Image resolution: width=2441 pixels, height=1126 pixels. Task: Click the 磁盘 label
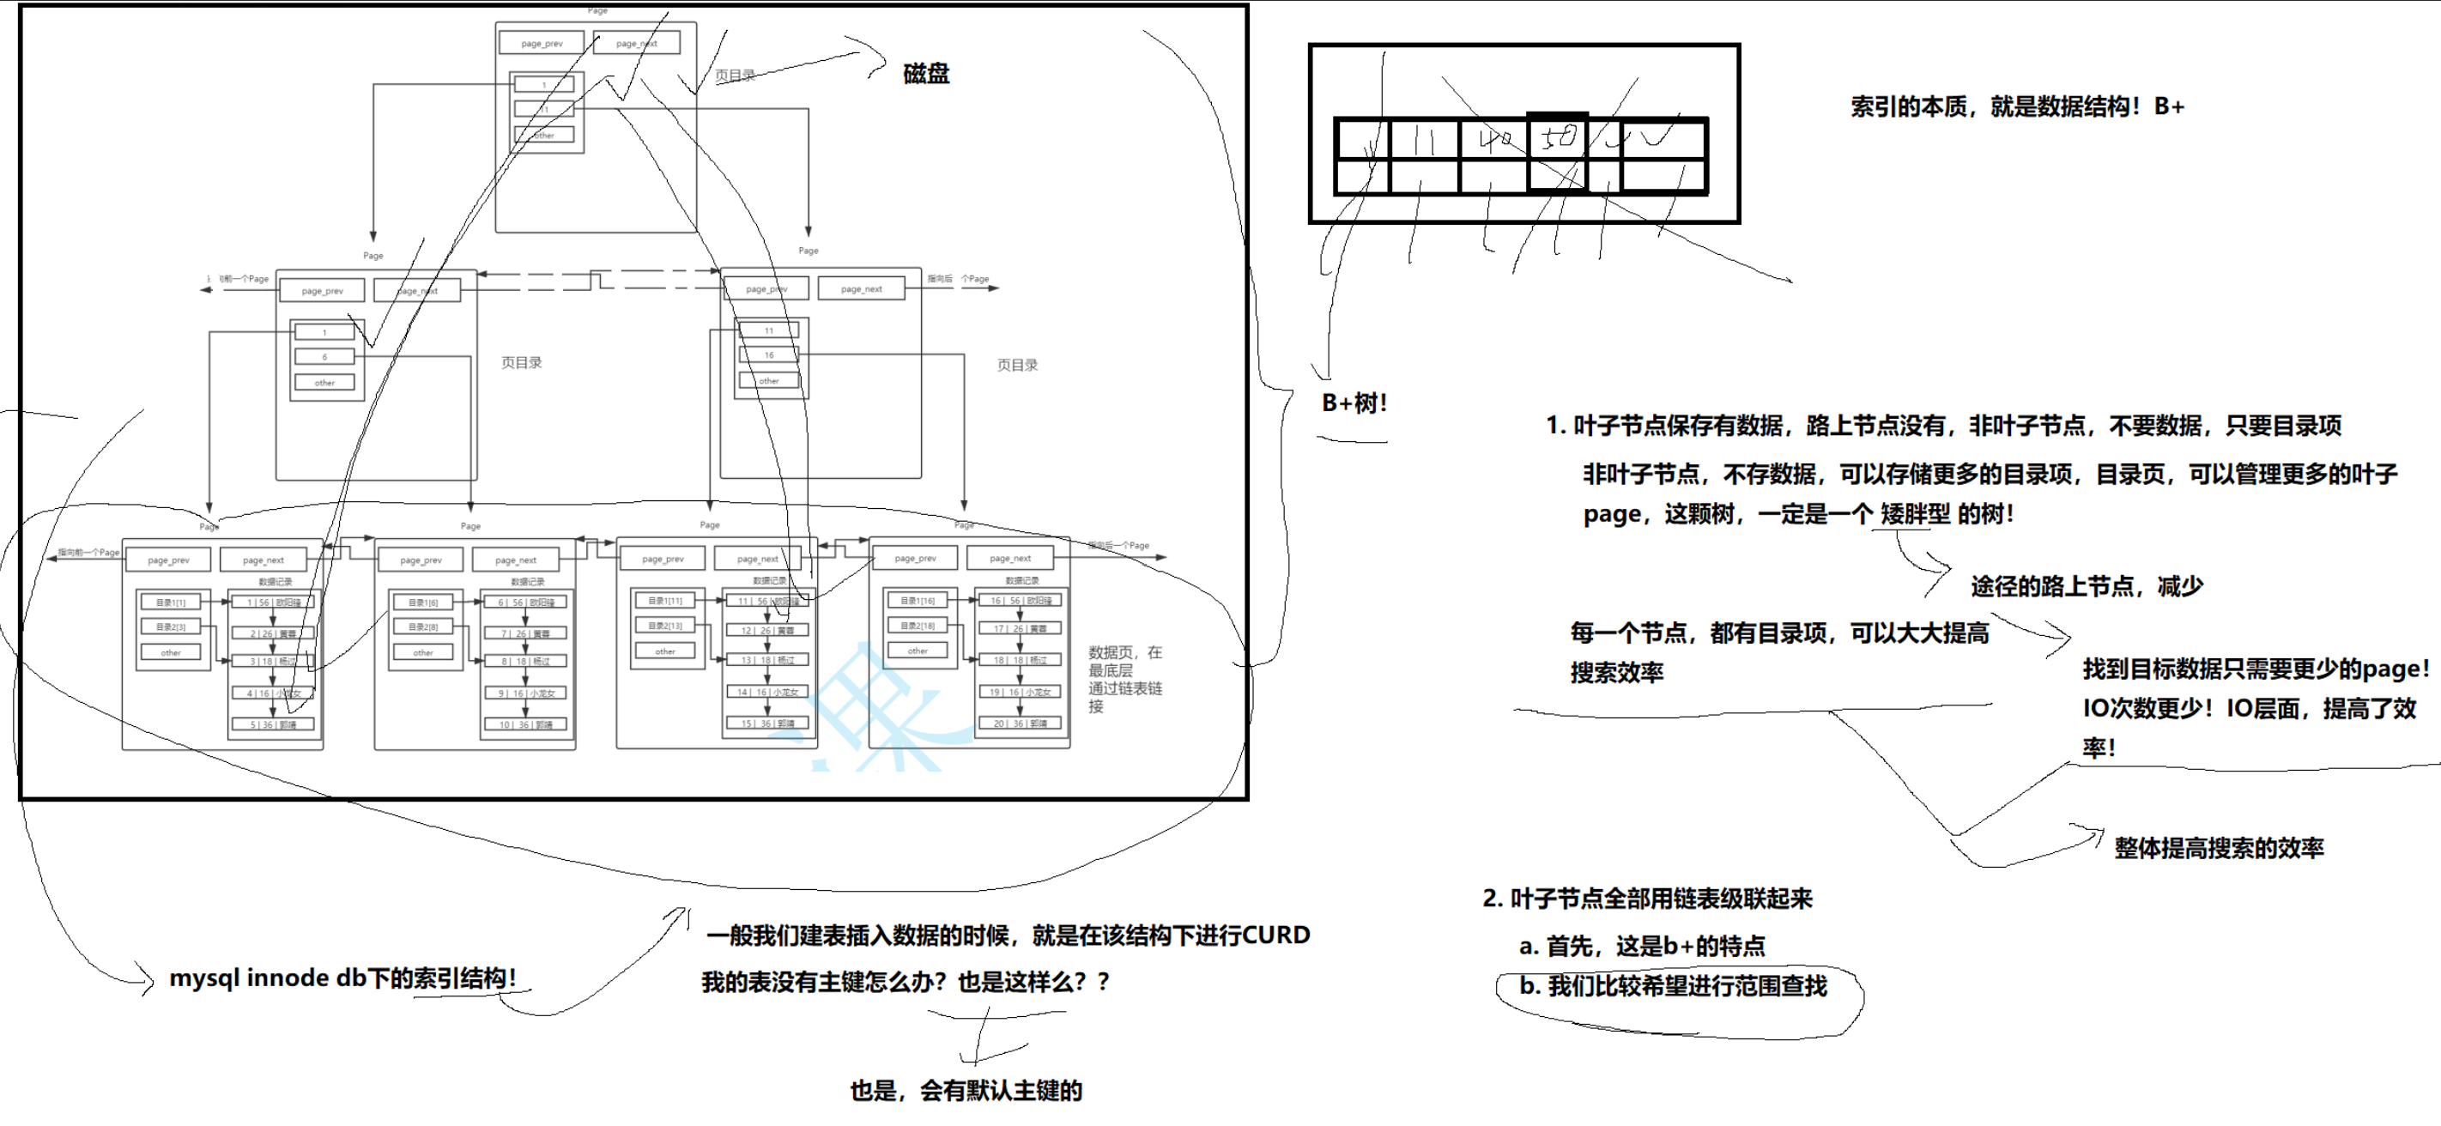(926, 74)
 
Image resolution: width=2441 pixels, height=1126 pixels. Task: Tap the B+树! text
(1354, 403)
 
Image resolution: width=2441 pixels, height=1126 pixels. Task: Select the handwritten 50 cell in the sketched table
(1558, 139)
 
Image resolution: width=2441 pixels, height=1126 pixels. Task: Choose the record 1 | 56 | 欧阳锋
(274, 602)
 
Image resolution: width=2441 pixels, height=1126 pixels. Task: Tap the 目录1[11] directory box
(665, 600)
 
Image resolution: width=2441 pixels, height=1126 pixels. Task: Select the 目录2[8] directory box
(422, 627)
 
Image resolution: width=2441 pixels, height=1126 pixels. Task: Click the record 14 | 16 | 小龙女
(767, 692)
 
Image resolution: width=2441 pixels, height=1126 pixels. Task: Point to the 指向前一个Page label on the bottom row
(88, 552)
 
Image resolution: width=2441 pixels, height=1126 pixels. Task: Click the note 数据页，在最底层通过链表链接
(1124, 679)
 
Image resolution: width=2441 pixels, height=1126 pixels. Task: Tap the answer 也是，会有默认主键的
(966, 1091)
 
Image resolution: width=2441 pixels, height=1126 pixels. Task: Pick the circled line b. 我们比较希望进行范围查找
(1673, 987)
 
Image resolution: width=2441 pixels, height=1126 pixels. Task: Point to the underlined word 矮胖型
(1915, 514)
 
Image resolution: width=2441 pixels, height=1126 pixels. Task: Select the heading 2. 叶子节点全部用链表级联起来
(1647, 899)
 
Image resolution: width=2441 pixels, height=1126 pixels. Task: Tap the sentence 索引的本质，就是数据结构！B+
(2016, 106)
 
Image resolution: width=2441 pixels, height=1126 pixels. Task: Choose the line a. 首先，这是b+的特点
(1641, 946)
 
